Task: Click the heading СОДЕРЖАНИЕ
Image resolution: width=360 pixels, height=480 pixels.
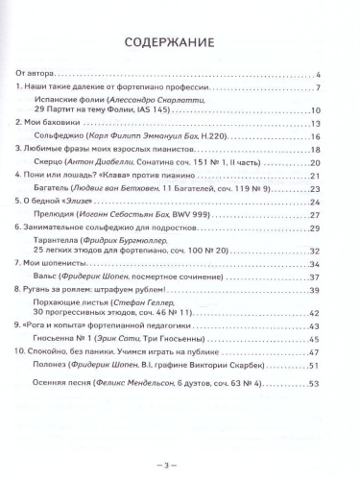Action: click(180, 43)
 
